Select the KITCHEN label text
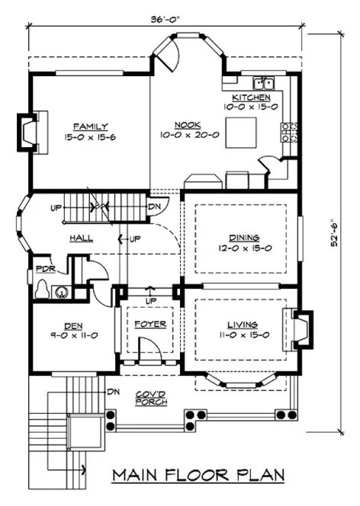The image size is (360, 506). point(251,98)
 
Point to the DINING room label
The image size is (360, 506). point(243,236)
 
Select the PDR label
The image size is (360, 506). point(43,269)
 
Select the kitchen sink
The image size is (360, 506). point(264,81)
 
